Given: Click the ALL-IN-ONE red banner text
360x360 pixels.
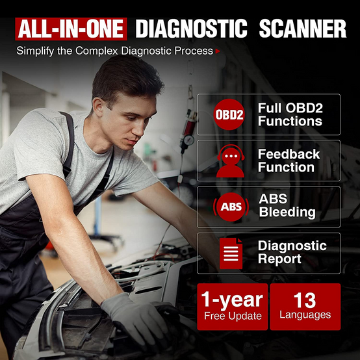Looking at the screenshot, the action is coord(71,29).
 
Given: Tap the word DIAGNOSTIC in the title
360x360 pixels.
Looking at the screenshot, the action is coord(192,29).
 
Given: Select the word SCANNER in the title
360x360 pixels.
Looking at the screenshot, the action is coord(303,29).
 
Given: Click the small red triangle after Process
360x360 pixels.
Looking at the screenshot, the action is coord(218,51).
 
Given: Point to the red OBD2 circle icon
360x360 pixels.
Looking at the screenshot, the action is coord(229,114).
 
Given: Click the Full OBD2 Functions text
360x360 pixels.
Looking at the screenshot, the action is coord(290,114).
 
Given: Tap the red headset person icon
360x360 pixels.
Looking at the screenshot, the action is coord(230,161).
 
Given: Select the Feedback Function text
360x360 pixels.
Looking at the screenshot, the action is coord(289,161).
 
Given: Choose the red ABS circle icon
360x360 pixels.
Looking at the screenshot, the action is coord(231,207).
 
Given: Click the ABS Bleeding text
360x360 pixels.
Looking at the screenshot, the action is coord(287,205).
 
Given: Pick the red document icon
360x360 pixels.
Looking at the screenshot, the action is coord(231,253).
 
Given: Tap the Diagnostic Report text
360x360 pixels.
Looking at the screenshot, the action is coord(292,252).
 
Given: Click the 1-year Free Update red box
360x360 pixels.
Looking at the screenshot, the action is coord(233,307).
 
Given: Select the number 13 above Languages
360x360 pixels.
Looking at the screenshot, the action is coord(305,300).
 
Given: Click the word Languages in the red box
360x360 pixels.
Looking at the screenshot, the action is coord(305,315).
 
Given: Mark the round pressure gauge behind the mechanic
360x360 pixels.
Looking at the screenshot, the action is coord(188,140).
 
